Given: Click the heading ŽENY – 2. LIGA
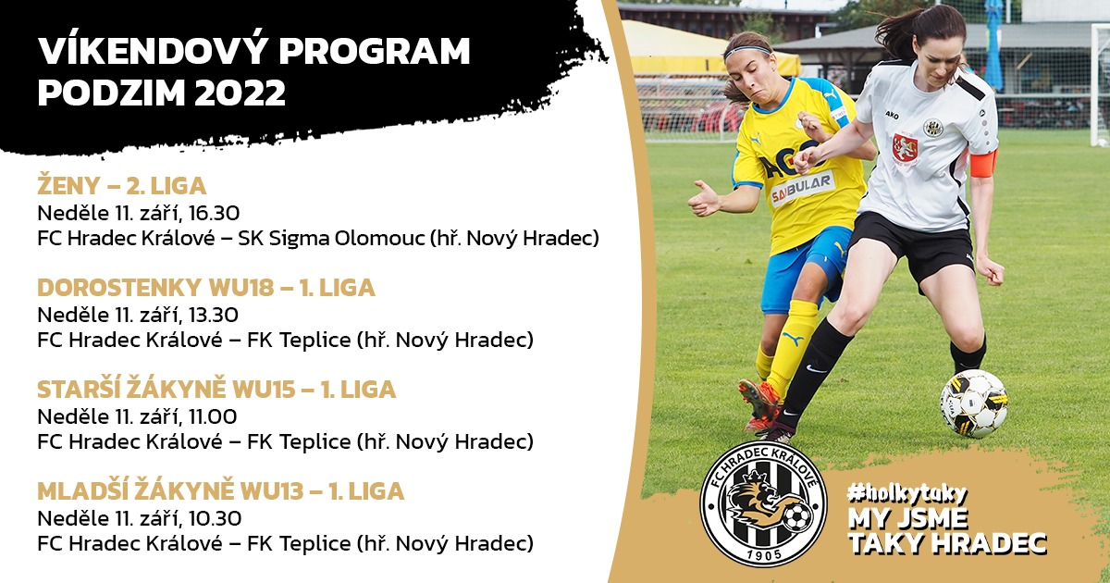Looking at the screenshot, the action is (122, 186).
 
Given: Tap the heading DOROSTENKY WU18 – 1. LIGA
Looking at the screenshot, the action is (206, 288).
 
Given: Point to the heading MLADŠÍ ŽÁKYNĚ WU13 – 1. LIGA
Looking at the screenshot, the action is (221, 490).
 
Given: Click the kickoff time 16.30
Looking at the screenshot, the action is (214, 213).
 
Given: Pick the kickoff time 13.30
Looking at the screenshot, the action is (214, 315).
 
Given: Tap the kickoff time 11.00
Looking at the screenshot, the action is (213, 416).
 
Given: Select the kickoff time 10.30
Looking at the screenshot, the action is (215, 518).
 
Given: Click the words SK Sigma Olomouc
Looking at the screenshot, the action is (331, 239).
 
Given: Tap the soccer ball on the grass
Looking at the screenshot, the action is (974, 404).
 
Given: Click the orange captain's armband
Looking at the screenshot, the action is (983, 163).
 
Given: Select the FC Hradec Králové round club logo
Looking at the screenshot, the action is (764, 503).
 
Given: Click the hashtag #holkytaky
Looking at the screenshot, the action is (906, 492).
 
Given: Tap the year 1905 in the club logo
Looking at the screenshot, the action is (764, 554).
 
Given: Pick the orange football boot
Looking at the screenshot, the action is (758, 404).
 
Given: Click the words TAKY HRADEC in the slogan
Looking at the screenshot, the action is (947, 543).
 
